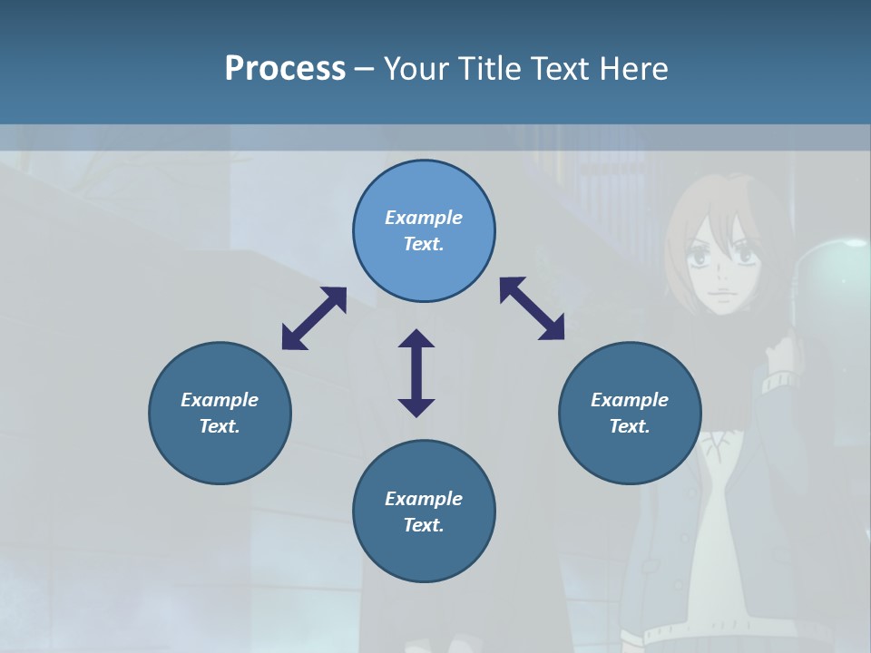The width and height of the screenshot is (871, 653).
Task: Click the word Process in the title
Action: coord(285,69)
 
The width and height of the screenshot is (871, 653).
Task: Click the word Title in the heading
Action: coord(491,69)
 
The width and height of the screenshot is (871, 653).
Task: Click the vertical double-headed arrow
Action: coord(416,373)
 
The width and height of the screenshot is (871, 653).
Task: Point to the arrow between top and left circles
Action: coord(314,318)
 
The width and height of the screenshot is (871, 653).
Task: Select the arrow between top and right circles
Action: coord(532,308)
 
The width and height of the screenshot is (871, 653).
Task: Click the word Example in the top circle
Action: coord(424,218)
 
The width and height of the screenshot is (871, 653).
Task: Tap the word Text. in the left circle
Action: coord(220,426)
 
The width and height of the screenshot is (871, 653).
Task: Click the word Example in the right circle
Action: coord(630,400)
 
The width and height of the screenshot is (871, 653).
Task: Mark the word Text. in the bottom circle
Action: coord(424,525)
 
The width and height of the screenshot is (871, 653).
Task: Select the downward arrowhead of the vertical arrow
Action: coord(416,405)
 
